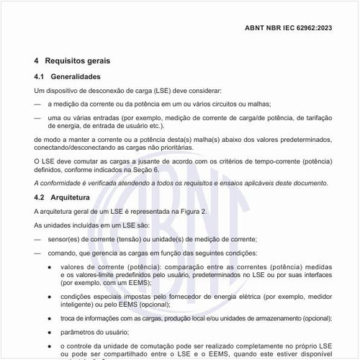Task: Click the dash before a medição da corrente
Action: pyautogui.click(x=37, y=104)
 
